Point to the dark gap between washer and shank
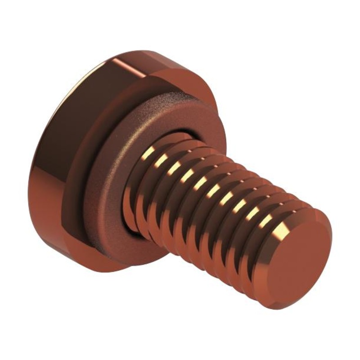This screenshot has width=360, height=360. (130, 225)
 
